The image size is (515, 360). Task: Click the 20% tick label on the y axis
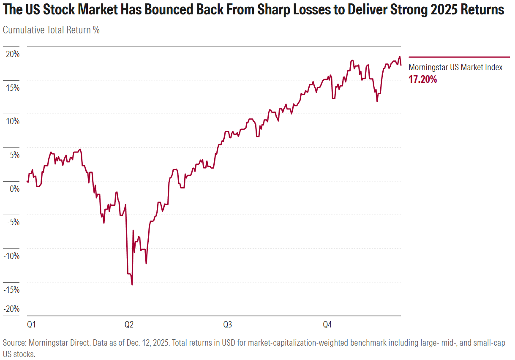[12, 54]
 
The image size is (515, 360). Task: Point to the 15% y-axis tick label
[12, 87]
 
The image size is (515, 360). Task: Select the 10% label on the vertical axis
[12, 121]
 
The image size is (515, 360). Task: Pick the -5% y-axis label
[13, 222]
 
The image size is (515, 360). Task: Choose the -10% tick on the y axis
[11, 256]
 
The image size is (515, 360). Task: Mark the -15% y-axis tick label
[11, 289]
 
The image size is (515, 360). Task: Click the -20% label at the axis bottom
[11, 309]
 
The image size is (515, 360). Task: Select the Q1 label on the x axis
[31, 325]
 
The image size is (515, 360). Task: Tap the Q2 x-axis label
[129, 325]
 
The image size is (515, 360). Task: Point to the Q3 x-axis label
[227, 325]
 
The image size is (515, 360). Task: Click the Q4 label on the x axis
[327, 325]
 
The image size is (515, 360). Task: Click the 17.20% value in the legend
[422, 79]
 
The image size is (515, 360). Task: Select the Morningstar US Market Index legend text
[455, 67]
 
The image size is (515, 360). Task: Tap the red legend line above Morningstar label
[459, 57]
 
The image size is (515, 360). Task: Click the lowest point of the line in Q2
[132, 284]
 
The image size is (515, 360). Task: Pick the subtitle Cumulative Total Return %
[51, 30]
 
